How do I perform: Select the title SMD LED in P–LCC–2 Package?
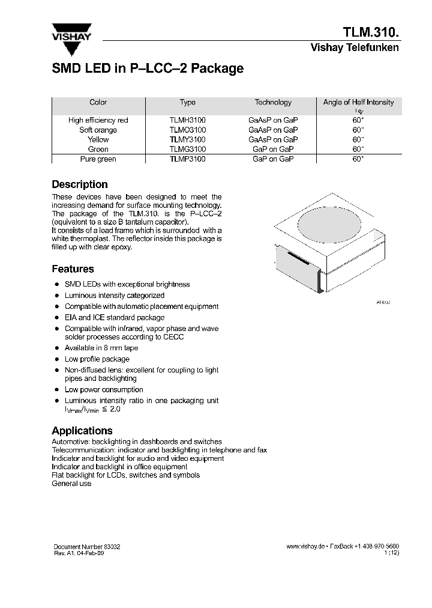click(x=148, y=68)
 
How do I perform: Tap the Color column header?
click(x=98, y=103)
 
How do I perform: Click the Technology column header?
click(x=273, y=103)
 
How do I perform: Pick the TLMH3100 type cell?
click(x=187, y=120)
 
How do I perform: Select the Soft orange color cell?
click(x=98, y=130)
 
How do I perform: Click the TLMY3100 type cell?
click(x=187, y=139)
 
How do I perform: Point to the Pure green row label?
click(x=98, y=159)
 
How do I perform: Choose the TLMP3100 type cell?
click(x=187, y=159)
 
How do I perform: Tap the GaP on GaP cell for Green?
click(x=273, y=149)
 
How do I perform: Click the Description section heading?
click(x=80, y=184)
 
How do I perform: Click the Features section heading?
click(x=73, y=269)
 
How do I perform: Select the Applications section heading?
click(x=82, y=431)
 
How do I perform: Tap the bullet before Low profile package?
click(x=56, y=360)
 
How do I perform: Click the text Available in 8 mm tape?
click(x=101, y=348)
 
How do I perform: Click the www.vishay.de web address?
click(x=305, y=546)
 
